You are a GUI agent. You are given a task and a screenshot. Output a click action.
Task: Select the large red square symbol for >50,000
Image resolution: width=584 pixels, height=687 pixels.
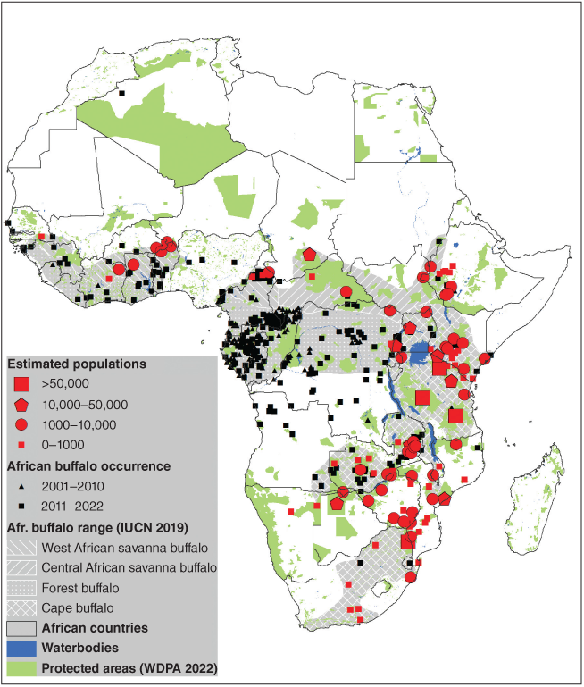point(22,385)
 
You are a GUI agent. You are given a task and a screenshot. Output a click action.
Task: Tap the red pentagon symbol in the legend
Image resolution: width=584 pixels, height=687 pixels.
point(22,405)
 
